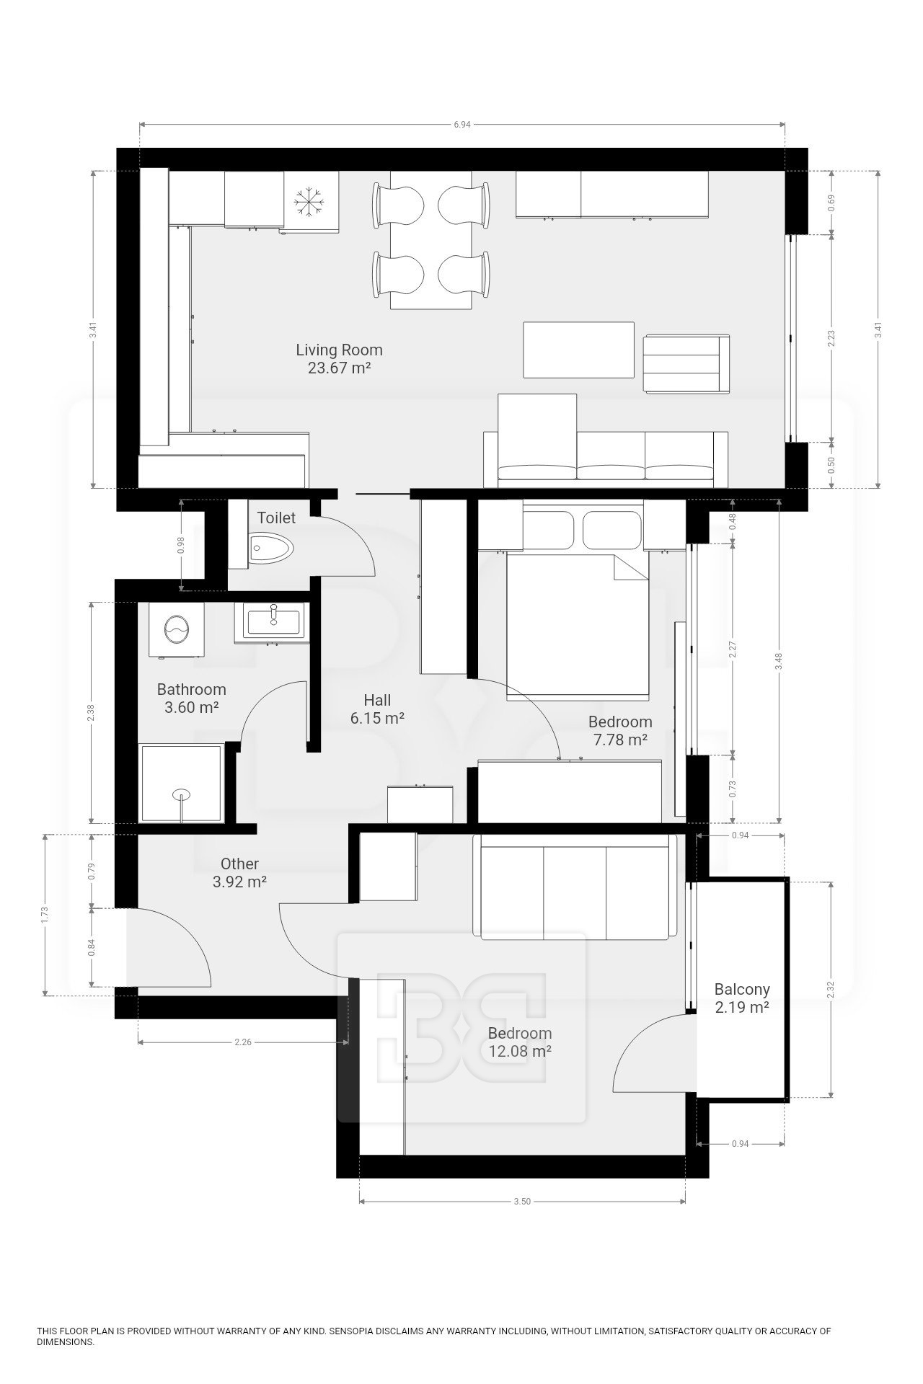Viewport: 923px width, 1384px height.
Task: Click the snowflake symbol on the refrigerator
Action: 311,201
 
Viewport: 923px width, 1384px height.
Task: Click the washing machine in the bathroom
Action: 176,630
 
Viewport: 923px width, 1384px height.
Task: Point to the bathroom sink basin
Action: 273,620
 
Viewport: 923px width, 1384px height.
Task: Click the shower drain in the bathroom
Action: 182,794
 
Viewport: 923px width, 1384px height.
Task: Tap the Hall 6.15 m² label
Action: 377,709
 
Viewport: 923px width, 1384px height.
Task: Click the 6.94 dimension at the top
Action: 462,124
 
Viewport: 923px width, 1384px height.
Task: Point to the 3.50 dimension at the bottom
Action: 522,1202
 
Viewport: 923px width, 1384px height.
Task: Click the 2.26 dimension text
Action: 243,1042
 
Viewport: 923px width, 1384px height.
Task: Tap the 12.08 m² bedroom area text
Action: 520,1051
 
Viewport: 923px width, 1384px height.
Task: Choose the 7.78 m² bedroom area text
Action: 620,740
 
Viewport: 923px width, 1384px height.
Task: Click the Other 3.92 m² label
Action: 239,872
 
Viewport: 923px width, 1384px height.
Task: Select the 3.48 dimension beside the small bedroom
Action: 778,661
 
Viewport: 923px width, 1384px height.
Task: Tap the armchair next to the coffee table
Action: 686,364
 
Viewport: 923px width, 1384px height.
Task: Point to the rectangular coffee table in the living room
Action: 578,350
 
